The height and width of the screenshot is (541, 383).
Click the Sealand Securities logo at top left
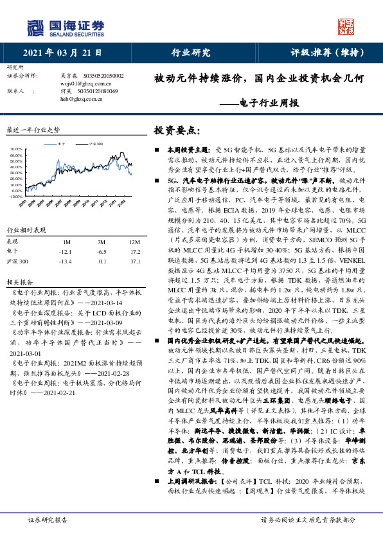(x=64, y=28)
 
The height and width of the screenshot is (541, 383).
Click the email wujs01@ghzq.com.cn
(x=86, y=84)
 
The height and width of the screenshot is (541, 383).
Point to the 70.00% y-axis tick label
(x=17, y=150)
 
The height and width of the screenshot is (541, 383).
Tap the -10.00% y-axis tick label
(x=16, y=197)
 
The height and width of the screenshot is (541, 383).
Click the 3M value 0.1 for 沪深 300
(x=102, y=262)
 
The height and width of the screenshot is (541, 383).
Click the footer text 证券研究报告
(x=49, y=520)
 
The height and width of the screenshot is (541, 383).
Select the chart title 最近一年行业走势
(x=33, y=129)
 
